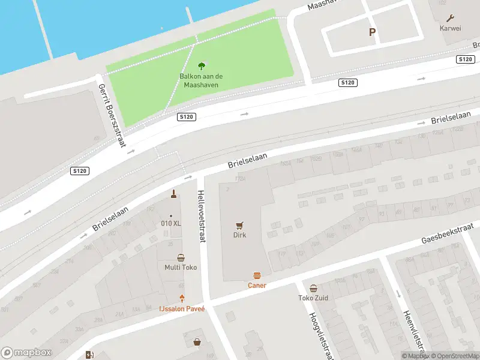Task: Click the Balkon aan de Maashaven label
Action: pos(201,80)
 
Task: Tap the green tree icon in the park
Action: pos(201,66)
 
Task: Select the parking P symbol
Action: pos(372,32)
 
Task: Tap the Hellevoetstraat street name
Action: pos(202,217)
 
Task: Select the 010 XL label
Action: pos(171,224)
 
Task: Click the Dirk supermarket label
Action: pos(240,236)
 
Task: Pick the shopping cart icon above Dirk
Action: pos(240,225)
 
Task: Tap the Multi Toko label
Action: pos(181,268)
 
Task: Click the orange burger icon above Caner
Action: pos(257,275)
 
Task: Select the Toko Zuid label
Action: pos(313,298)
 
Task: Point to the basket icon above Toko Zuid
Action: pos(313,288)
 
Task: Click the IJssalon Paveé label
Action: pos(182,309)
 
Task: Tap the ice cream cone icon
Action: pos(182,298)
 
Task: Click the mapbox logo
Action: pos(26,353)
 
